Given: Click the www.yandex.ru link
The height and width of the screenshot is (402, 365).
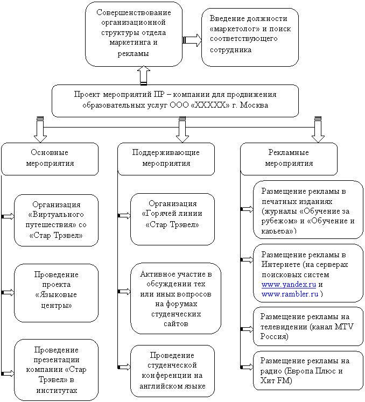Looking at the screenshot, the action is click(x=289, y=285).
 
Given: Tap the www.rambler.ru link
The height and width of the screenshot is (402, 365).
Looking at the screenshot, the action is click(x=290, y=294).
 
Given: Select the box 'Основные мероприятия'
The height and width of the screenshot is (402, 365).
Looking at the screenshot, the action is click(x=50, y=159).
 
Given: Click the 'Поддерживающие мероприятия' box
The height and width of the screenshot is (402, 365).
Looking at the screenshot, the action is click(x=166, y=159).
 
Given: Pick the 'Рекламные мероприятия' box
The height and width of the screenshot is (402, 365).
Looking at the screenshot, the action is click(x=289, y=159).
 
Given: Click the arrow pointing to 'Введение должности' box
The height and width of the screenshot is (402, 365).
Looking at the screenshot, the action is click(x=192, y=40).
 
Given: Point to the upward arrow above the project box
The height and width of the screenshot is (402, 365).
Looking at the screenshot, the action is click(x=144, y=75).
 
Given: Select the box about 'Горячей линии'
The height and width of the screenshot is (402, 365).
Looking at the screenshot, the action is click(x=172, y=219).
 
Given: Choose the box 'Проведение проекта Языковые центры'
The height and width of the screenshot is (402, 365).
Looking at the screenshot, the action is click(x=56, y=293).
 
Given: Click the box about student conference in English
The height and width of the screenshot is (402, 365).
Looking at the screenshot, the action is click(x=172, y=371).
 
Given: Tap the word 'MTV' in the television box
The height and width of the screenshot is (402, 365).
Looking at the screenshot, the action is click(x=344, y=327).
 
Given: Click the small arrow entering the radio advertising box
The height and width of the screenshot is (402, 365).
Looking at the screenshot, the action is click(x=247, y=367).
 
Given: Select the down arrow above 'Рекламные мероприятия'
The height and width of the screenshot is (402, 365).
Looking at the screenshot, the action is click(x=318, y=130).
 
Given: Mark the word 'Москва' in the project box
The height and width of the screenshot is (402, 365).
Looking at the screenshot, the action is click(x=254, y=105).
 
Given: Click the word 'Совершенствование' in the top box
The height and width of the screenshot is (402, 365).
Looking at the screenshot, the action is click(x=134, y=12).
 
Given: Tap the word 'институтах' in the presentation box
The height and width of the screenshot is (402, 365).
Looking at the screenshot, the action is click(x=57, y=391).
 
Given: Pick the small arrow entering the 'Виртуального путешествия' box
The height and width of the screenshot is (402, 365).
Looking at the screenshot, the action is click(x=8, y=216).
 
